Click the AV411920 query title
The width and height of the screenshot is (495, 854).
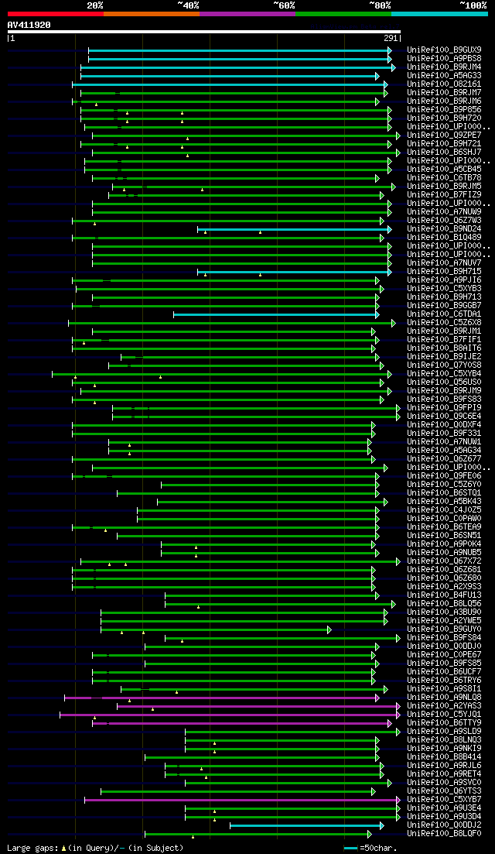29,25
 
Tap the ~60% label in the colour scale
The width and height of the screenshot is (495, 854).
285,5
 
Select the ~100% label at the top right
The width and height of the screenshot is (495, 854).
473,5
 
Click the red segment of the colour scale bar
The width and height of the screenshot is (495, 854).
55,14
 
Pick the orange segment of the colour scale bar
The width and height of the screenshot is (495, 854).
151,14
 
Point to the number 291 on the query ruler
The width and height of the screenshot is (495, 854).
390,38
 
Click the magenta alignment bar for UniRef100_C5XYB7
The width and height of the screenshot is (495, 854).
240,800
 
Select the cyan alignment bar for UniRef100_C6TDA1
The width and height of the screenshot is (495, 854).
275,314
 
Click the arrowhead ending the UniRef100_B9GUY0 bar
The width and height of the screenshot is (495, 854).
329,629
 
